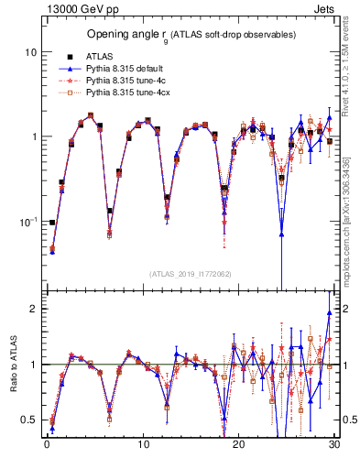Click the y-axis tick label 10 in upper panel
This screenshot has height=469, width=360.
(29, 52)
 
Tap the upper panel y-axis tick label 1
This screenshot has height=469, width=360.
(32, 136)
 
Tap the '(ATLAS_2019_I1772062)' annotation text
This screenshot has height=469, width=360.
(191, 273)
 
